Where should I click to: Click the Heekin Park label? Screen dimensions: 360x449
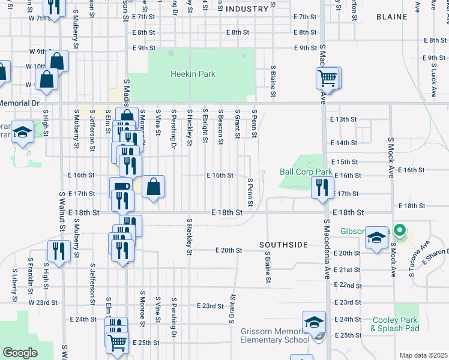[192, 74]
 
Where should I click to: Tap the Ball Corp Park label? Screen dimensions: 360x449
[306, 172]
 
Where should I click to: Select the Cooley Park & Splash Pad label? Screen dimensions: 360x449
[394, 324]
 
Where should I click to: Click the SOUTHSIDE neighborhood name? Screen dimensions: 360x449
[283, 245]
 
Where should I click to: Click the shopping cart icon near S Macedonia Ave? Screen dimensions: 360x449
[327, 77]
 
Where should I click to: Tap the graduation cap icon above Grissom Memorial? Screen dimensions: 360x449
[314, 322]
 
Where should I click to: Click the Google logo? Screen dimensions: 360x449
[20, 353]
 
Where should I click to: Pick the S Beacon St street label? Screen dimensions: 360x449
[221, 127]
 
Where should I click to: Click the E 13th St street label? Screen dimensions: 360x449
[344, 119]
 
